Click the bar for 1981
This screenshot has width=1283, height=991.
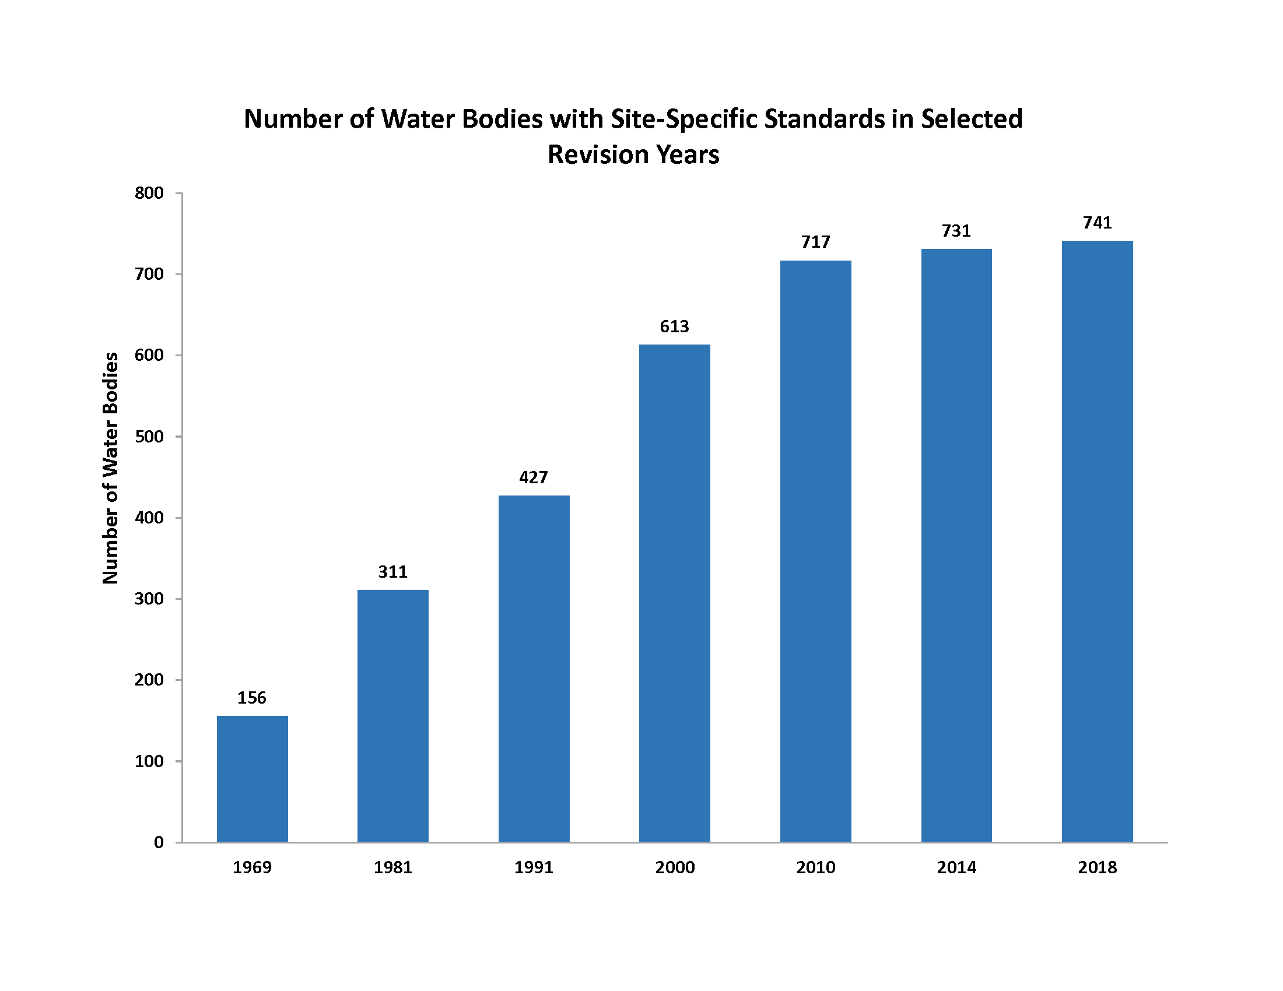[393, 716]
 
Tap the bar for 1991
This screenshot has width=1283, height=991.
[534, 669]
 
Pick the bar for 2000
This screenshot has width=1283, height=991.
[674, 593]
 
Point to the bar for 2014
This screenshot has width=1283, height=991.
[956, 546]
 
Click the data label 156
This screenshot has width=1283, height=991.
[252, 697]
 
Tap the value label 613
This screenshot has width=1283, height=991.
[674, 326]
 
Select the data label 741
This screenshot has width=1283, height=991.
[1098, 223]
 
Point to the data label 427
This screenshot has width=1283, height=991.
[534, 477]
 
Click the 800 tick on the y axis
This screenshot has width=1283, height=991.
[149, 193]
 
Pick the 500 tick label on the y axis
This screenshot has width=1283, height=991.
[149, 437]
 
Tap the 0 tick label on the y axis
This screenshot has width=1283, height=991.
[159, 843]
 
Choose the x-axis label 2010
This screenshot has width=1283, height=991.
[815, 867]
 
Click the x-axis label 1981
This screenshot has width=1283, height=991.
[393, 867]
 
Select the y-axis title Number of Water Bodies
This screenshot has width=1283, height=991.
[110, 468]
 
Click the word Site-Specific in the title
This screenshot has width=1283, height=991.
[684, 119]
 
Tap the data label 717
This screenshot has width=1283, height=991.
[815, 242]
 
